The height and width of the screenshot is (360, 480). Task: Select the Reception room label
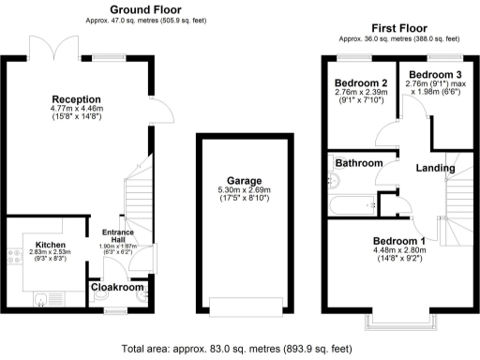click(x=76, y=98)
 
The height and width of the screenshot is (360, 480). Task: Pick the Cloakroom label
click(x=118, y=289)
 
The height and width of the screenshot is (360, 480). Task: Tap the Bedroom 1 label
click(x=398, y=239)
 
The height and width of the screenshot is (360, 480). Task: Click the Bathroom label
click(x=360, y=163)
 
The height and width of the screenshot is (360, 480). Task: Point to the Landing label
click(x=436, y=168)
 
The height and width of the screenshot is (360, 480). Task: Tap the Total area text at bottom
click(x=238, y=348)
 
